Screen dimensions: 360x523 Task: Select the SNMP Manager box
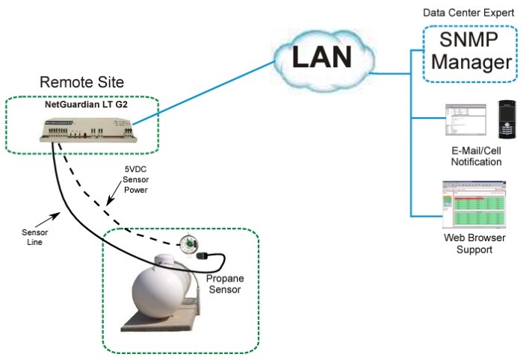click(x=467, y=53)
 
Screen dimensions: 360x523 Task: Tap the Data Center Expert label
click(x=468, y=13)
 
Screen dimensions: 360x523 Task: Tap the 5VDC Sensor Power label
click(x=139, y=180)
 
